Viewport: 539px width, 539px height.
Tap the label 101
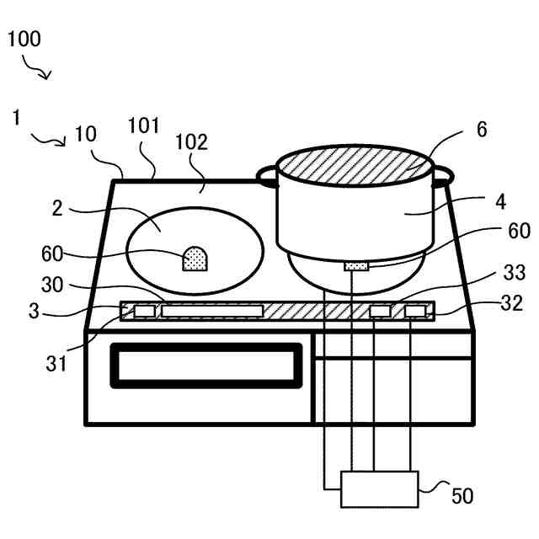click(x=142, y=127)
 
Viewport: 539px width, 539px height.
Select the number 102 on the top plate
click(x=191, y=141)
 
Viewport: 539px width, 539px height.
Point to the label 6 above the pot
click(x=481, y=130)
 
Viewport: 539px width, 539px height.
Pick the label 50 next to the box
click(x=462, y=496)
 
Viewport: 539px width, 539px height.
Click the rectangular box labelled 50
click(x=379, y=489)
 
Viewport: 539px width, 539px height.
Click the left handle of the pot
click(x=267, y=176)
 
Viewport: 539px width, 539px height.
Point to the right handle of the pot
click(x=442, y=176)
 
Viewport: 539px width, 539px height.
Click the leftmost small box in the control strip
click(x=145, y=312)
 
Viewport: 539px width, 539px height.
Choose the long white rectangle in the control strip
click(x=211, y=312)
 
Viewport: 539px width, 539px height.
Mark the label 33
click(x=512, y=273)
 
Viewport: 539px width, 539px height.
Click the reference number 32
click(x=512, y=302)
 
